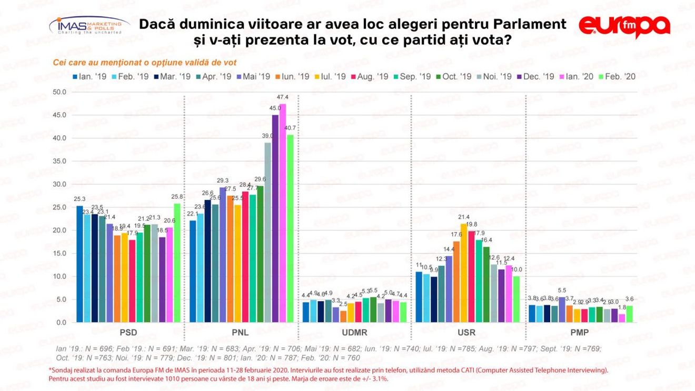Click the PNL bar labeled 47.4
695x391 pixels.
point(283,213)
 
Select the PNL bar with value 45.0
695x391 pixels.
point(275,218)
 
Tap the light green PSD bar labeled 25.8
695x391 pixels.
point(177,263)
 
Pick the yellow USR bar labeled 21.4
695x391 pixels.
point(464,273)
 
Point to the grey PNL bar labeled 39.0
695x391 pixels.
point(268,232)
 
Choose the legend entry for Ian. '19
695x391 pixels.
point(90,76)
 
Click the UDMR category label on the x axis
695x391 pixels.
point(354,333)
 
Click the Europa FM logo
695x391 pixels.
point(624,27)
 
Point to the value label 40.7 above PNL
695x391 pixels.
point(291,128)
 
